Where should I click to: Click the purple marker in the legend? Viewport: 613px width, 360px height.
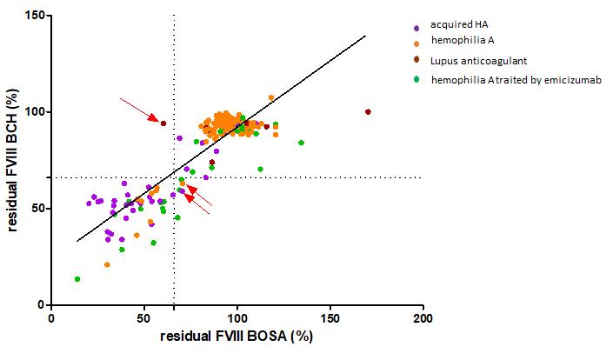(417, 25)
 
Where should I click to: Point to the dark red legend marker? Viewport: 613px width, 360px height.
(417, 61)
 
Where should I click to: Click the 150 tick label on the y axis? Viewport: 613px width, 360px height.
(35, 15)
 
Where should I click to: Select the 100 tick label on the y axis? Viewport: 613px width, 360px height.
(35, 111)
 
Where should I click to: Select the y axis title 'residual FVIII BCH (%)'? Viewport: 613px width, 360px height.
(13, 159)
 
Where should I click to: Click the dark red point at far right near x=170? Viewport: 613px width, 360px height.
(368, 111)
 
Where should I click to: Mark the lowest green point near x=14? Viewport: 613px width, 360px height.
(77, 279)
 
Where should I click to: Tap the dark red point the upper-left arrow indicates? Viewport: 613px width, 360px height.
(163, 123)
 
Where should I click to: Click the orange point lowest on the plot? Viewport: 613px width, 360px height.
(107, 264)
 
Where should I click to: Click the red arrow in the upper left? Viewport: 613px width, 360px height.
(137, 110)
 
